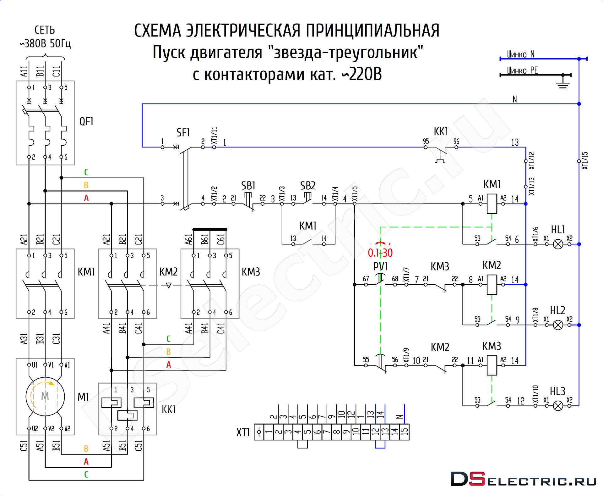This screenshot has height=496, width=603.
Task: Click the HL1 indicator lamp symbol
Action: point(558,244)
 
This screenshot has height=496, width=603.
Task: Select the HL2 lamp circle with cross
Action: point(558,325)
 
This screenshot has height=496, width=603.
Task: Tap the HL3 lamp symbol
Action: point(558,406)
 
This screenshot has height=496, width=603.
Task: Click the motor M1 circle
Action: point(45,396)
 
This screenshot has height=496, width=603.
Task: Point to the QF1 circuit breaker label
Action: point(86,121)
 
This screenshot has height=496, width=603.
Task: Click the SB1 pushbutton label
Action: point(248,186)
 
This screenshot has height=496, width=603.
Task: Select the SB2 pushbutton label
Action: point(307,186)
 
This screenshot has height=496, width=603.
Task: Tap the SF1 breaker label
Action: point(183,132)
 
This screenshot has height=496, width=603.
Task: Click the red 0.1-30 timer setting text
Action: point(380,253)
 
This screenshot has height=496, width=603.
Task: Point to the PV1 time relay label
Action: point(380,266)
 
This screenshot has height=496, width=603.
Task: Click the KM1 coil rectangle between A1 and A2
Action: point(492,204)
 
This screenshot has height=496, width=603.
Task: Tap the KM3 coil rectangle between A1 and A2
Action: point(492,365)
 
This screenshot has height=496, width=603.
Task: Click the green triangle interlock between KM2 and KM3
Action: point(169,286)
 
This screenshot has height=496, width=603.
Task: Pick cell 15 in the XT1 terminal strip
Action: point(404,432)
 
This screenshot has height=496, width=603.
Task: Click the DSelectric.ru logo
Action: point(523,479)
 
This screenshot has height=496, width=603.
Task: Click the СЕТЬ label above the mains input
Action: point(45,30)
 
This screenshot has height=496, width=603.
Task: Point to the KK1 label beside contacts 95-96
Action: point(441,131)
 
